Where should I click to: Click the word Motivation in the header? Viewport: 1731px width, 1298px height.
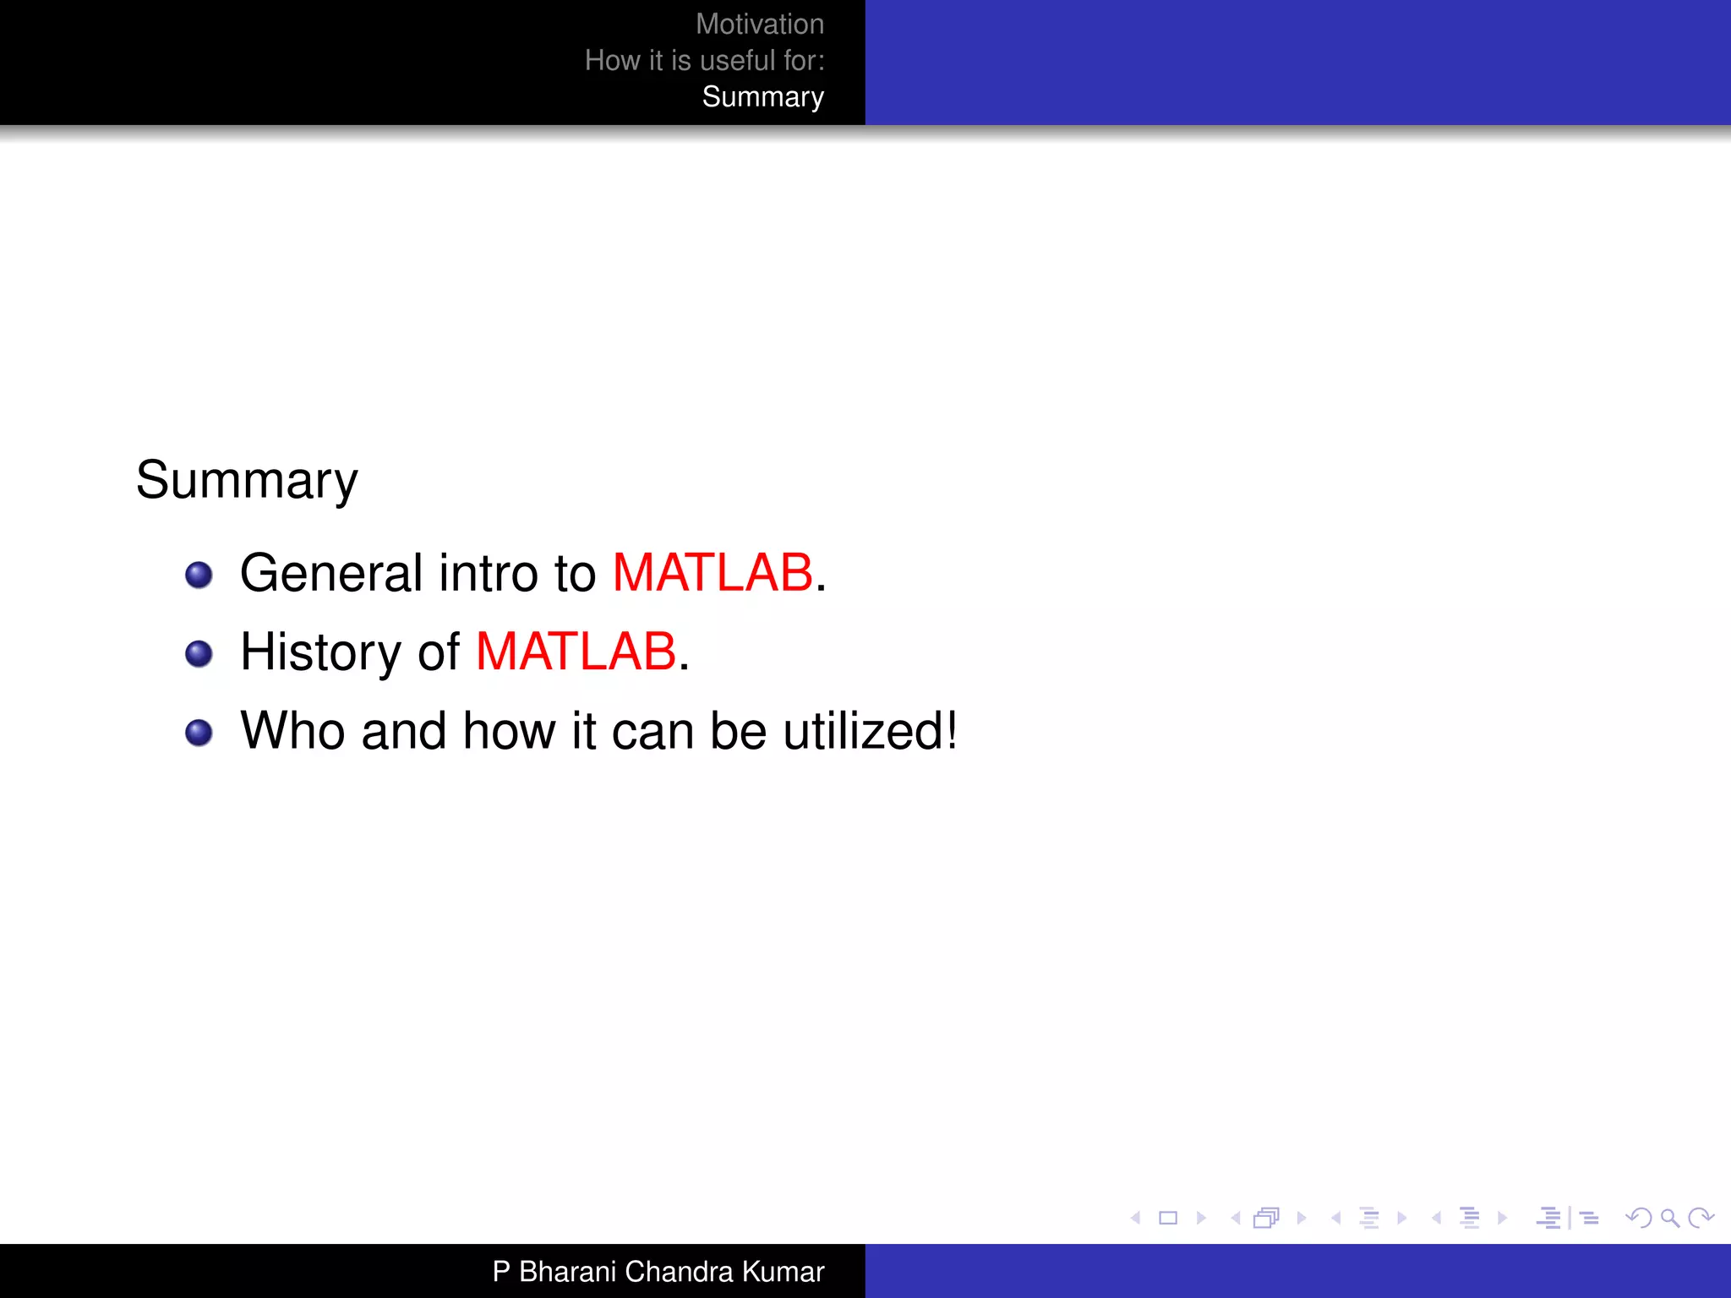pyautogui.click(x=759, y=25)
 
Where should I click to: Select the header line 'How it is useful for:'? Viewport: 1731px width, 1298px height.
pyautogui.click(x=704, y=61)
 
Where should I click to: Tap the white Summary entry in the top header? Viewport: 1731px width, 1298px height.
pyautogui.click(x=762, y=97)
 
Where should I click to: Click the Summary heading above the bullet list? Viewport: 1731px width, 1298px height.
pyautogui.click(x=247, y=481)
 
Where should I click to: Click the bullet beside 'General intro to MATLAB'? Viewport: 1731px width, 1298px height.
pyautogui.click(x=199, y=575)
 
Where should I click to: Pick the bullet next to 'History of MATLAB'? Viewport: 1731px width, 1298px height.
pyautogui.click(x=199, y=654)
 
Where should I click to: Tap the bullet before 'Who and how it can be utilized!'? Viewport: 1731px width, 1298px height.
pyautogui.click(x=199, y=733)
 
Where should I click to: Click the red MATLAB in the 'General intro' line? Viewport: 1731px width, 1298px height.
pyautogui.click(x=712, y=573)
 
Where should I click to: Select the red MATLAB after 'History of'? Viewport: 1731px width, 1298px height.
pyautogui.click(x=576, y=652)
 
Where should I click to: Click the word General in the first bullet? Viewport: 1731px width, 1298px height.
pyautogui.click(x=330, y=573)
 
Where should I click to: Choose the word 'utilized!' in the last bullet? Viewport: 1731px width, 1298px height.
pyautogui.click(x=870, y=731)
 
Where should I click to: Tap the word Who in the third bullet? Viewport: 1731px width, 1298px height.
pyautogui.click(x=292, y=731)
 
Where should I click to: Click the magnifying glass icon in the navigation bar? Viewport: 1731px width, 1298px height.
pyautogui.click(x=1669, y=1218)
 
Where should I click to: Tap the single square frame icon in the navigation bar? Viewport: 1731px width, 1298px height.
pyautogui.click(x=1168, y=1218)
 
